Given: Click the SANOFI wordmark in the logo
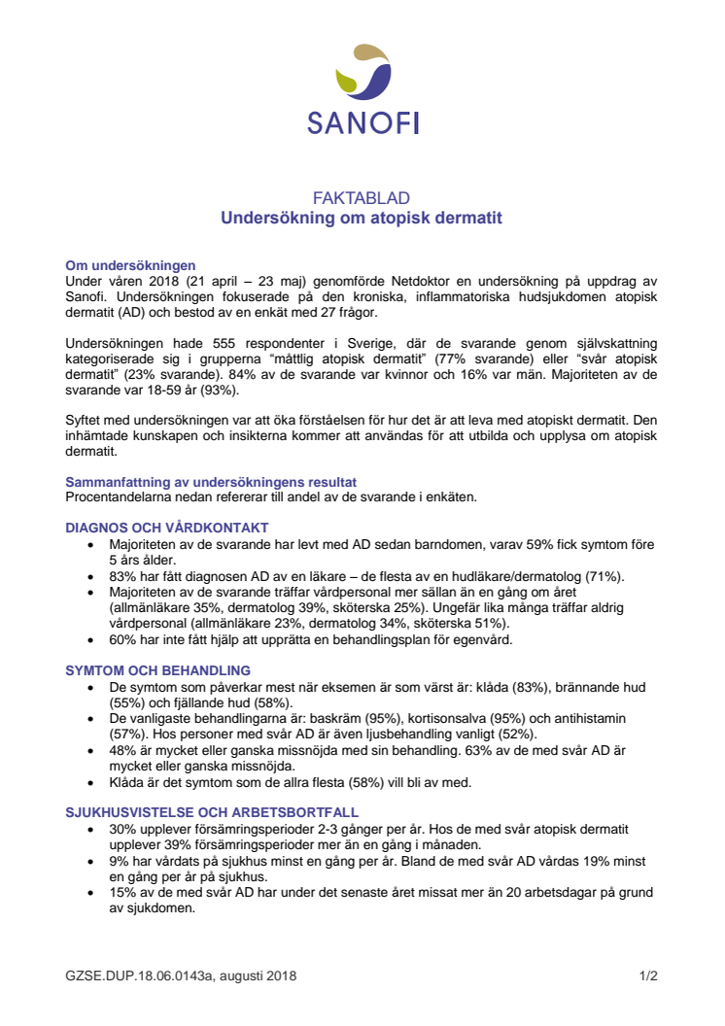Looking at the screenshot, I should pos(362,122).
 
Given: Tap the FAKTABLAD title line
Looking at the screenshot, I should pos(362,198).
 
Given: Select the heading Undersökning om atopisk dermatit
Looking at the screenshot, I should pos(362,219).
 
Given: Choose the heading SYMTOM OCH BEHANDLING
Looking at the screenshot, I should pos(157,670).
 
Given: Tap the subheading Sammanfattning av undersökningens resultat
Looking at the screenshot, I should pos(211,482).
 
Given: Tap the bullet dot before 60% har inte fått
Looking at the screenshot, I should pos(90,640).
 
